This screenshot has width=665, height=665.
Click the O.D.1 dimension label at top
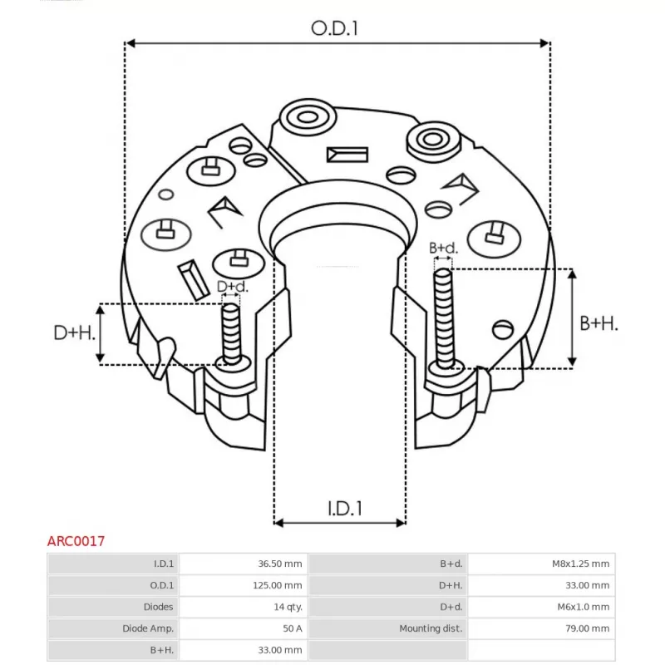[335, 28]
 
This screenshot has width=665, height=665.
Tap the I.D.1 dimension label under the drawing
[345, 508]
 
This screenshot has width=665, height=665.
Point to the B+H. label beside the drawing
[598, 323]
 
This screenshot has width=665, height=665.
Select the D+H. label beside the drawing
[74, 333]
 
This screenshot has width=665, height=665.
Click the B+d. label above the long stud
[443, 248]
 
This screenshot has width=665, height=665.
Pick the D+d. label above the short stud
[232, 287]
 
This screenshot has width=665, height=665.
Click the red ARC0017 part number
[76, 541]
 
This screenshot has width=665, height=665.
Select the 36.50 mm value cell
[280, 564]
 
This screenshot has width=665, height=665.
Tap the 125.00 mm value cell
[278, 585]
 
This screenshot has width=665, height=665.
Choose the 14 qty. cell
[288, 607]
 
